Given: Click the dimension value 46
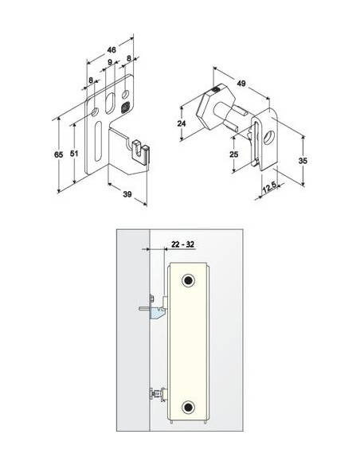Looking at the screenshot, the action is click(x=112, y=50).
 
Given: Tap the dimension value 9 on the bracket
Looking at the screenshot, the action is click(x=110, y=62).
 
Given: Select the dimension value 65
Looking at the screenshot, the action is click(x=59, y=154).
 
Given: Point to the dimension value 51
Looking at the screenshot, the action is click(x=74, y=154).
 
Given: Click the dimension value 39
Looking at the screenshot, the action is click(x=127, y=194).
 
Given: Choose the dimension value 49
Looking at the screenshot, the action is click(x=241, y=84).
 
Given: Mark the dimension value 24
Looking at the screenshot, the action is click(x=182, y=123).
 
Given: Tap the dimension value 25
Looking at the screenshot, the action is click(x=234, y=154).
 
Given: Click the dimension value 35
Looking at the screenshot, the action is click(x=303, y=161).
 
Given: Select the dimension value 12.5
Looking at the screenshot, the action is click(x=269, y=187).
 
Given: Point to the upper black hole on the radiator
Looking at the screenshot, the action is click(x=188, y=280).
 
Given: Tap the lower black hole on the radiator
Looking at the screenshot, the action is click(x=188, y=407).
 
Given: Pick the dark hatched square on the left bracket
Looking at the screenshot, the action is click(x=125, y=107).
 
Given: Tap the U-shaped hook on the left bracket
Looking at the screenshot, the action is click(x=139, y=151).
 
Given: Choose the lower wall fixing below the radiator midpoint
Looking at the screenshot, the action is click(x=158, y=394).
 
